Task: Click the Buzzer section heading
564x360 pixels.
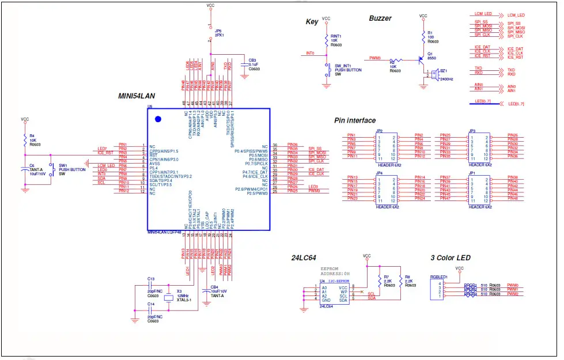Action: click(380, 18)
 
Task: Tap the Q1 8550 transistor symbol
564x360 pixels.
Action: click(420, 60)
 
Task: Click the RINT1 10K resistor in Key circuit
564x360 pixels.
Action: click(327, 40)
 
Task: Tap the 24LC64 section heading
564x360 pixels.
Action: click(304, 259)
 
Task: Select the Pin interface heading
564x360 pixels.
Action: click(355, 120)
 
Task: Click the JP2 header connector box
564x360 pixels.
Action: click(387, 147)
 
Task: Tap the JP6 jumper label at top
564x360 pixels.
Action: click(218, 33)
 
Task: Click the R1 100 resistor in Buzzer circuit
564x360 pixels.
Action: click(423, 37)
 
